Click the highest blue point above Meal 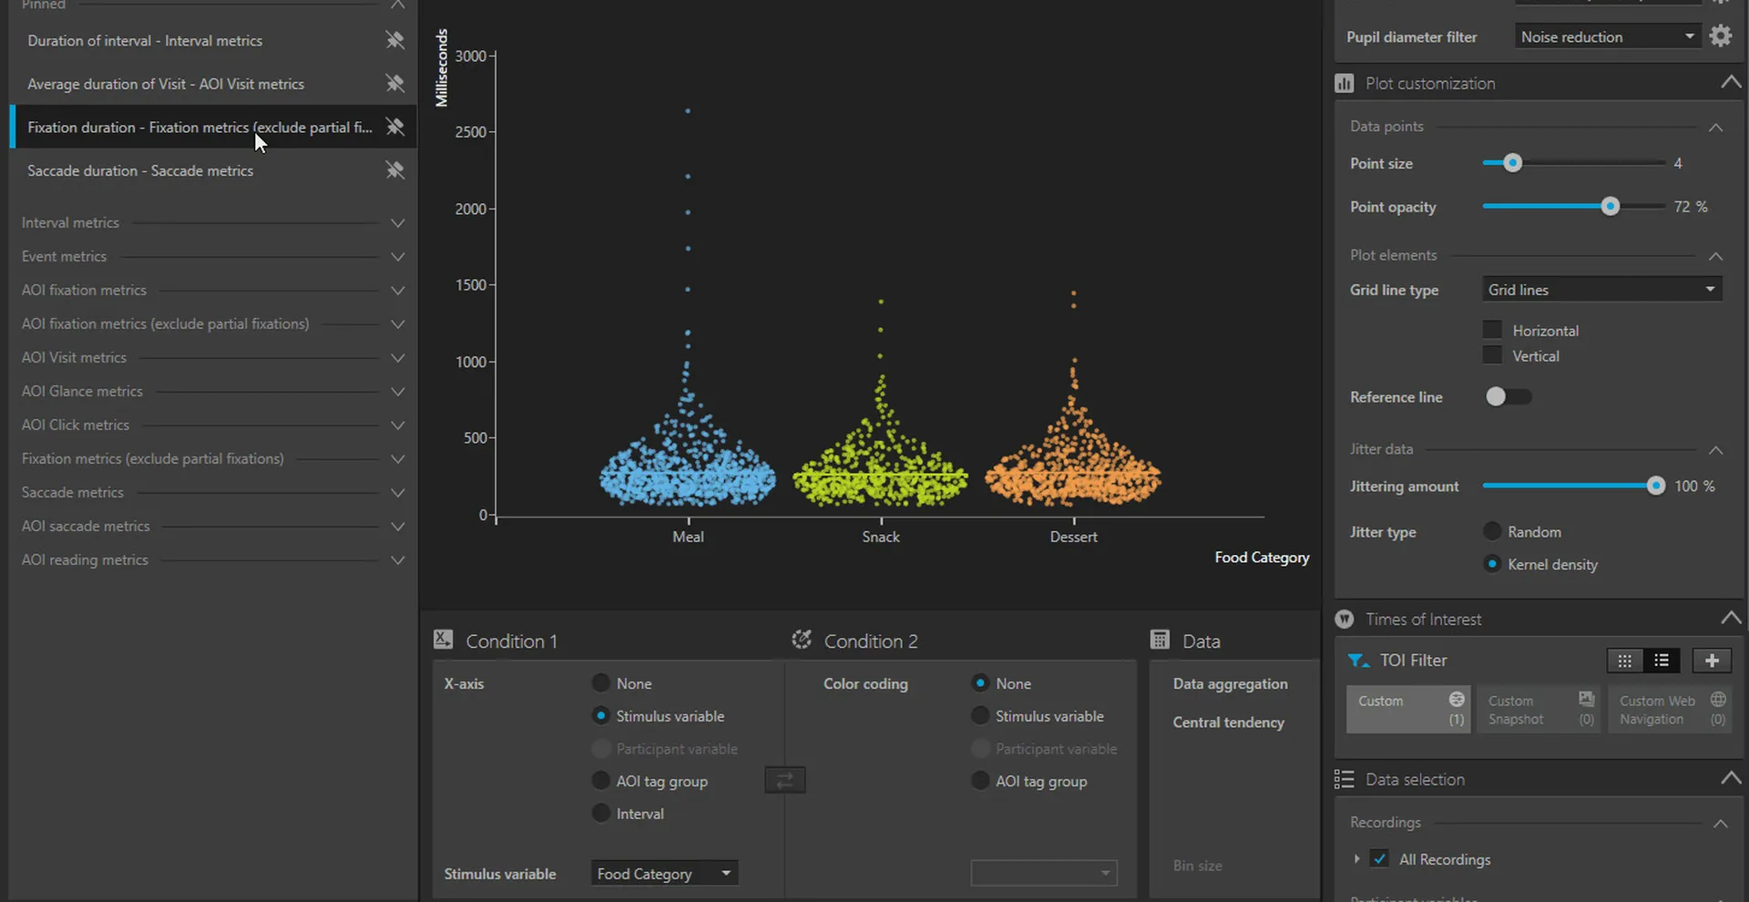[688, 111]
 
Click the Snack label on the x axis [881, 538]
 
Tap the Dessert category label [1073, 538]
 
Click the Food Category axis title [1262, 558]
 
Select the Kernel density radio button [1492, 564]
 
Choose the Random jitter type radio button [1492, 531]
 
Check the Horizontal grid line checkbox [1492, 330]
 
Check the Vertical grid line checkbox [1492, 355]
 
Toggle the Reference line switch [1508, 396]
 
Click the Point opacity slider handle [1610, 207]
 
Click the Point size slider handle [1512, 163]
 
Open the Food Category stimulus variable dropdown [664, 874]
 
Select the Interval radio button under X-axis [601, 813]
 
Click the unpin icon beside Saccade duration [394, 170]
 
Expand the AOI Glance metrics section [397, 392]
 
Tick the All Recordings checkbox [1380, 859]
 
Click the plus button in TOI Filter [1712, 661]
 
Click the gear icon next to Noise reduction [1720, 36]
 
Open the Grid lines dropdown [1601, 290]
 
